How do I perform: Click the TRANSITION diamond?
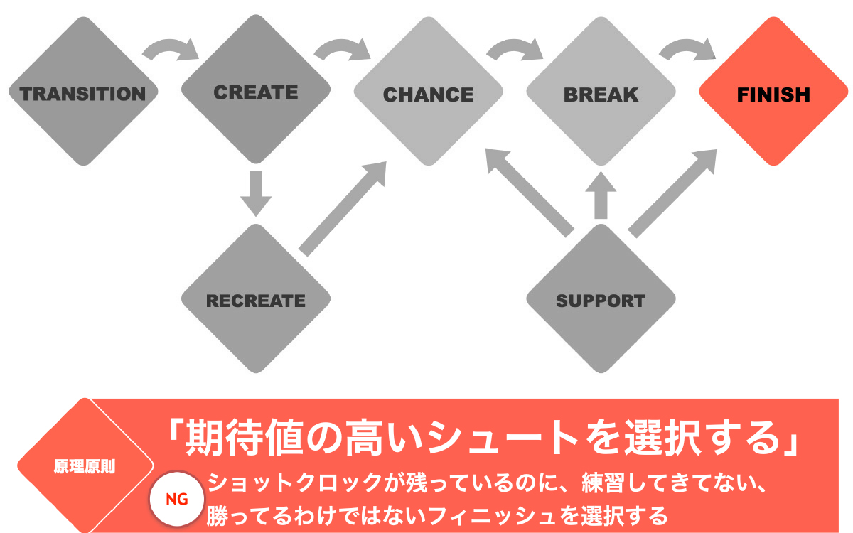(82, 92)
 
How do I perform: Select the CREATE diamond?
(256, 92)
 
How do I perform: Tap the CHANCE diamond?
(428, 92)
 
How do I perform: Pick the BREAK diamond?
(601, 92)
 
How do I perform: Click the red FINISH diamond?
(773, 92)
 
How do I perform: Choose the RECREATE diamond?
(256, 300)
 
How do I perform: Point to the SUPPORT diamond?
(601, 300)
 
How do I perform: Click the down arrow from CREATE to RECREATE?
(256, 192)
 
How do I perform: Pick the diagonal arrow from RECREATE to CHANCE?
(343, 208)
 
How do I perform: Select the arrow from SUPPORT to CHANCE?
(530, 192)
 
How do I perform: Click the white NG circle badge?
(176, 499)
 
